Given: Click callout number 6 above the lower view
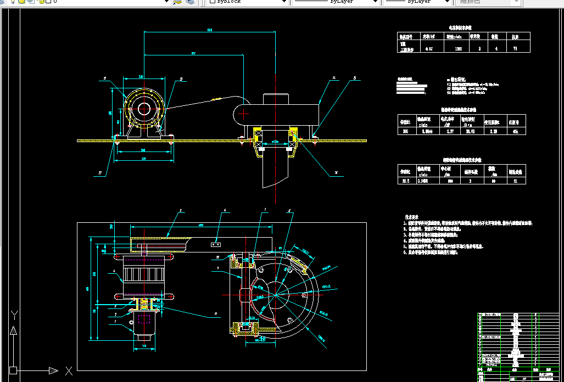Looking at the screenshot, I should [224, 210].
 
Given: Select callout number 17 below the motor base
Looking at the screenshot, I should [100, 173].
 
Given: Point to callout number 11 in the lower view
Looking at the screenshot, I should [216, 314].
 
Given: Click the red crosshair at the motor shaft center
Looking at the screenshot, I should [145, 109].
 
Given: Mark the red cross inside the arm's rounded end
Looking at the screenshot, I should [243, 113].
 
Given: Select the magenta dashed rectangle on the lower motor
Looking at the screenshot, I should [144, 319].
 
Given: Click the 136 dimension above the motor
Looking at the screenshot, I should [141, 77].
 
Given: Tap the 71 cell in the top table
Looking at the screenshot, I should [515, 49].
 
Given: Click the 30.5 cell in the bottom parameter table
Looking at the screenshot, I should [406, 180].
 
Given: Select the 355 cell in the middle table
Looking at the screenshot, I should [406, 131].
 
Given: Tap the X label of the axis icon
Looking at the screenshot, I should [69, 372].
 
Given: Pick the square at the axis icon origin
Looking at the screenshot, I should [13, 370].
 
